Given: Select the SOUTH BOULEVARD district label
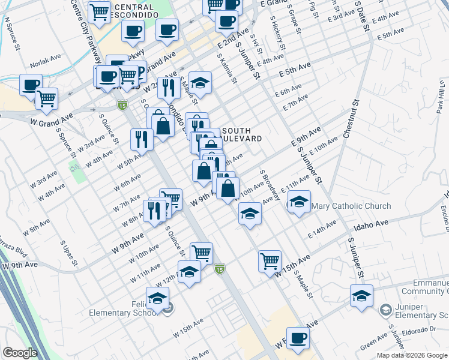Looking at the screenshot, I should click(x=242, y=134).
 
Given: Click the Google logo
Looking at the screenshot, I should click(x=20, y=353).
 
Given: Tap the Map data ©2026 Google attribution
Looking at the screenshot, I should click(x=411, y=355).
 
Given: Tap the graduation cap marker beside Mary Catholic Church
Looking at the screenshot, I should click(x=299, y=202).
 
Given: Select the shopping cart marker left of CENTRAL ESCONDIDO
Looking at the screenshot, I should click(x=99, y=11).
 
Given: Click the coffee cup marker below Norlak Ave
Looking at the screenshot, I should click(x=30, y=85).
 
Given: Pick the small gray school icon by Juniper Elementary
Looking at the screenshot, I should click(x=385, y=309).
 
